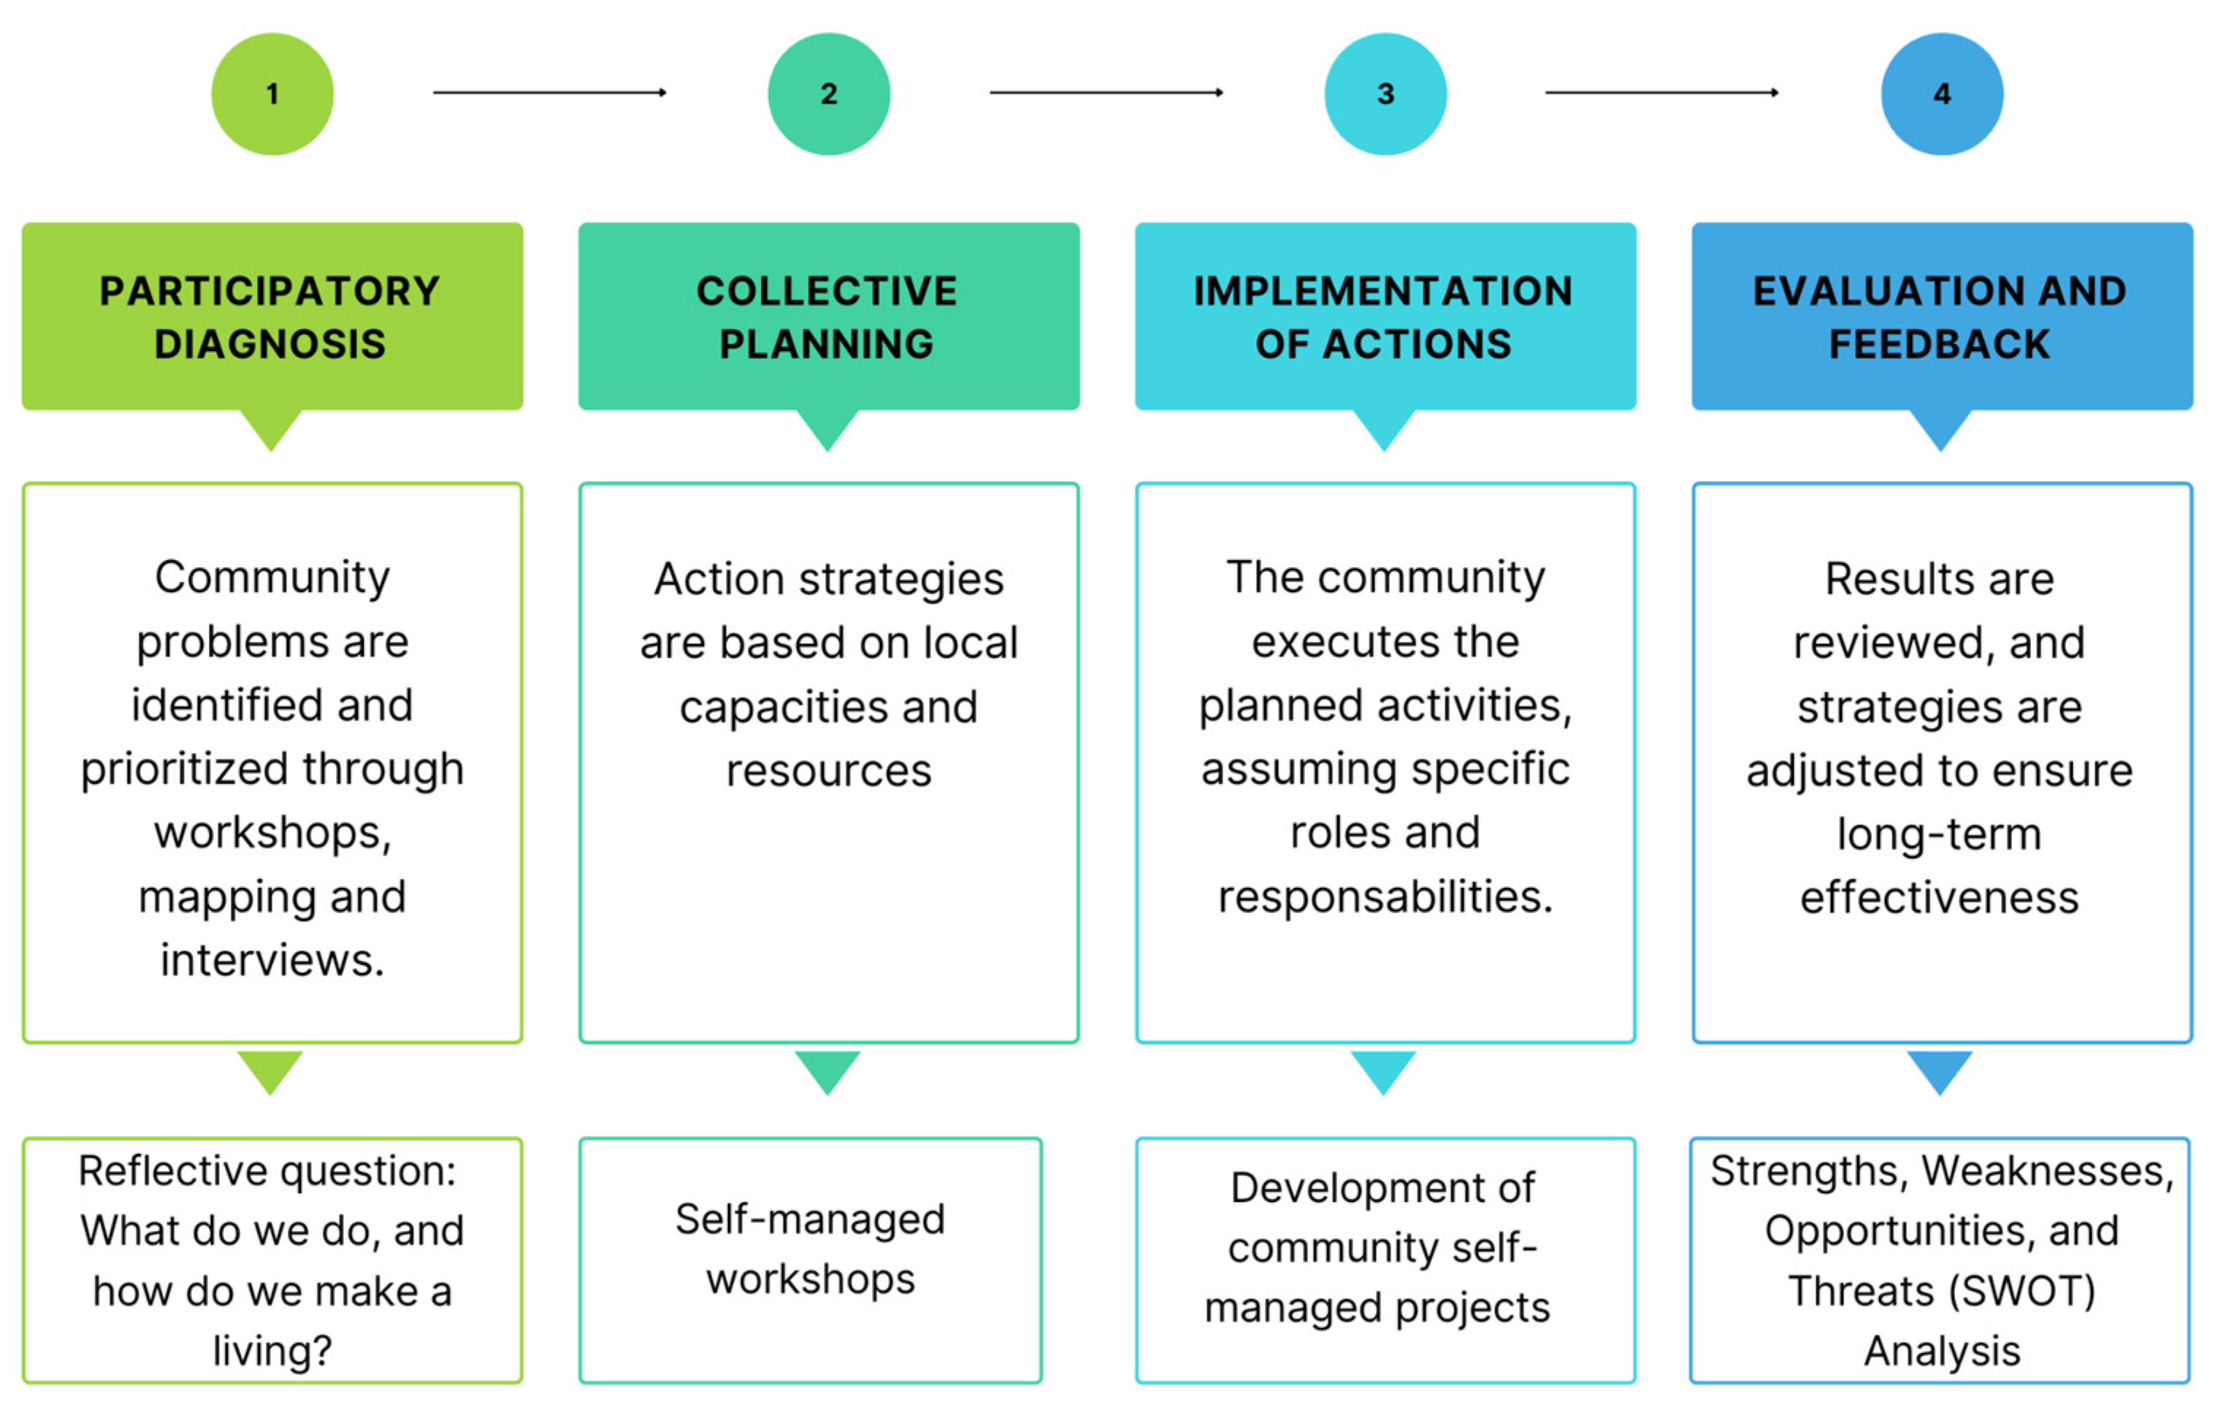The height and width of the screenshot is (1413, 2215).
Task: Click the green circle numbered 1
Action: click(x=272, y=93)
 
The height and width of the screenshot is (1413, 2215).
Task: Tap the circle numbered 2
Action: click(x=829, y=93)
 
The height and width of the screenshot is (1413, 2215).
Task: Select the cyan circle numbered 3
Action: click(x=1385, y=93)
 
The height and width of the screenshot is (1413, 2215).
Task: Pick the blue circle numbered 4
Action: click(x=1942, y=93)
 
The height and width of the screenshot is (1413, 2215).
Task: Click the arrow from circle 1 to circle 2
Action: click(x=549, y=92)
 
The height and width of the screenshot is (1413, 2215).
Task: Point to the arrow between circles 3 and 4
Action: click(x=1661, y=92)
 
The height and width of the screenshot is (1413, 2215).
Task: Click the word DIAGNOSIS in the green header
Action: click(x=269, y=344)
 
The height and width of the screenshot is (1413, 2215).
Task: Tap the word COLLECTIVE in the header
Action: click(x=827, y=291)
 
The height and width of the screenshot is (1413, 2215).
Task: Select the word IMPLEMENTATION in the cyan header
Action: click(x=1382, y=291)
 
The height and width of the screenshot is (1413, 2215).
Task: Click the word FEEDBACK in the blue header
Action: click(x=1939, y=344)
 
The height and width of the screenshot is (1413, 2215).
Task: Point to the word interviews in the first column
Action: click(x=272, y=960)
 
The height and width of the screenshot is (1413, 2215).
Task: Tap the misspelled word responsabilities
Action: click(x=1385, y=896)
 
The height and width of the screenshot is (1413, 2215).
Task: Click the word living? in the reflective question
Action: click(x=272, y=1350)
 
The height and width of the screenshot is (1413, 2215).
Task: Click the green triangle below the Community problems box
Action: click(x=270, y=1070)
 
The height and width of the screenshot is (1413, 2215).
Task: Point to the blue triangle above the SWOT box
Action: click(x=1940, y=1070)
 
